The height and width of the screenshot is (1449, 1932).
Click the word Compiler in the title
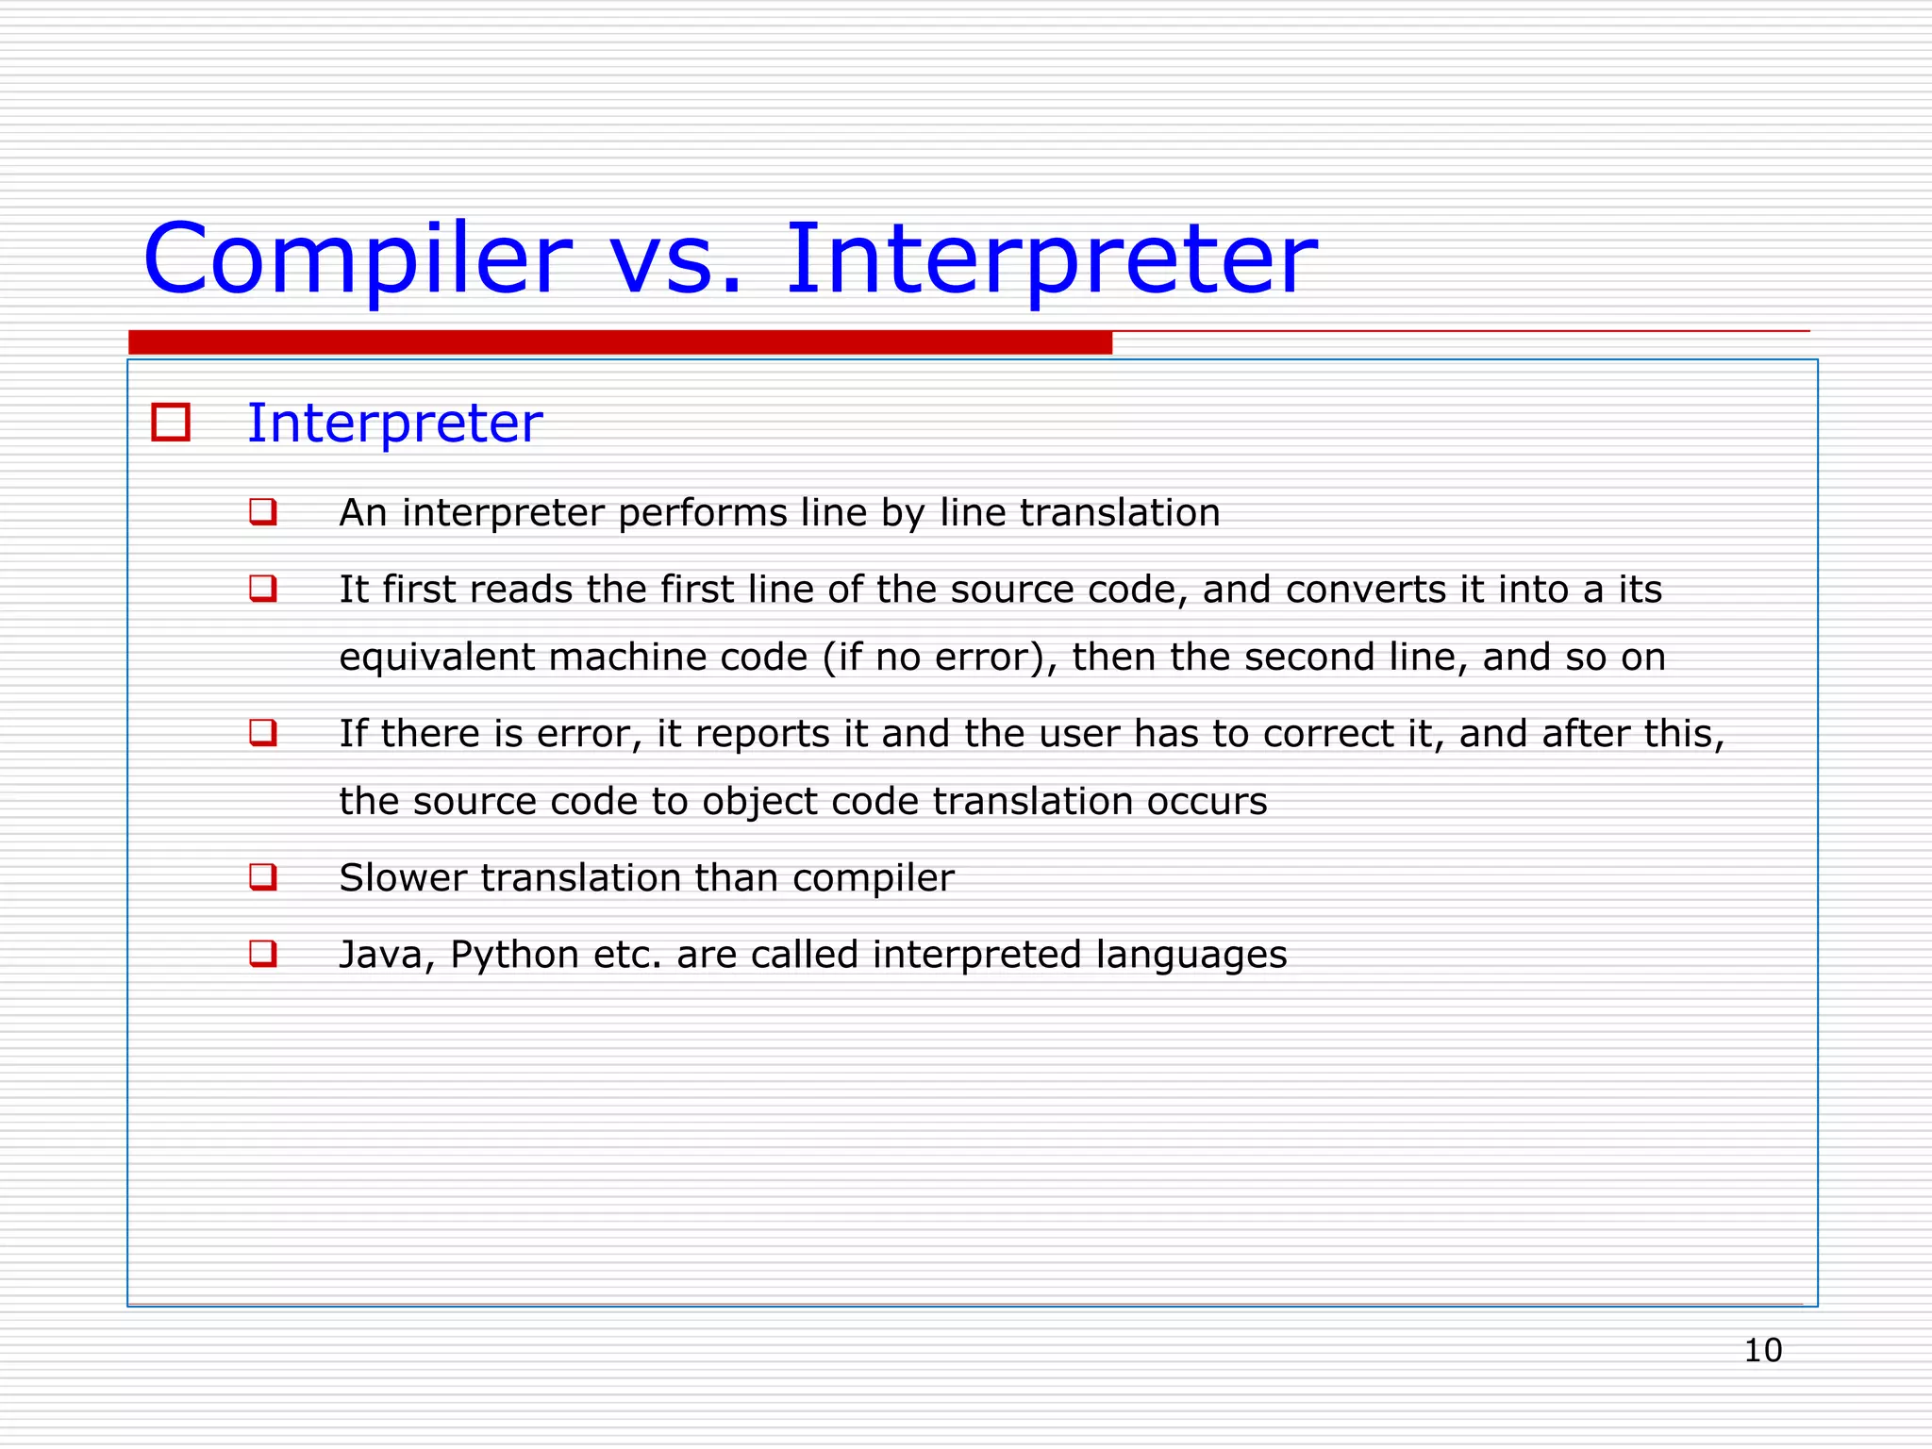357,259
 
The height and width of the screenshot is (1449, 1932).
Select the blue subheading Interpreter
394,423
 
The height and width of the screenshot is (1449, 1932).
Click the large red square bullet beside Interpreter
171,423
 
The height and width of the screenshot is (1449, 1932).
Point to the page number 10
1762,1350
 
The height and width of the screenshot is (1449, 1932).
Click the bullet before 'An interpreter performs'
263,512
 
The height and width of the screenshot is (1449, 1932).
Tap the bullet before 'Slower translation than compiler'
263,877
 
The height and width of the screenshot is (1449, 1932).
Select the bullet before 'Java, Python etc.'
263,954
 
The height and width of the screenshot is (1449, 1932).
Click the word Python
514,956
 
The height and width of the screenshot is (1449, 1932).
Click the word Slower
403,878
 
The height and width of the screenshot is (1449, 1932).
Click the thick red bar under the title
620,342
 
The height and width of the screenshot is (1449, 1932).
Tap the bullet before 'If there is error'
263,733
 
